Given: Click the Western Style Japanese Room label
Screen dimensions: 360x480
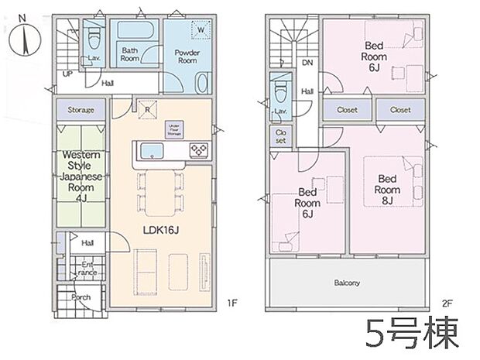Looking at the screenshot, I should (x=81, y=175).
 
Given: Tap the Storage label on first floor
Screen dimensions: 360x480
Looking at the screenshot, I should (x=81, y=111).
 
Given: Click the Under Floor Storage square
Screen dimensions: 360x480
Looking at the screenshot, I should (x=173, y=129).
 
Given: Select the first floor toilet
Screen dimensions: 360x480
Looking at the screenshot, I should (x=94, y=37).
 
